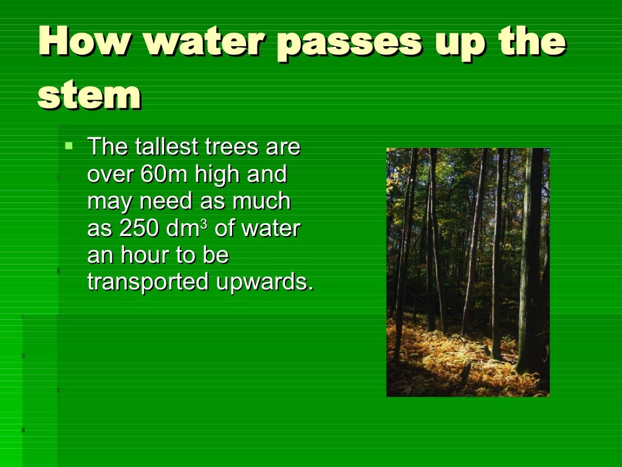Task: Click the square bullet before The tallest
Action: [69, 145]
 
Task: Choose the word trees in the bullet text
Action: [231, 147]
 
